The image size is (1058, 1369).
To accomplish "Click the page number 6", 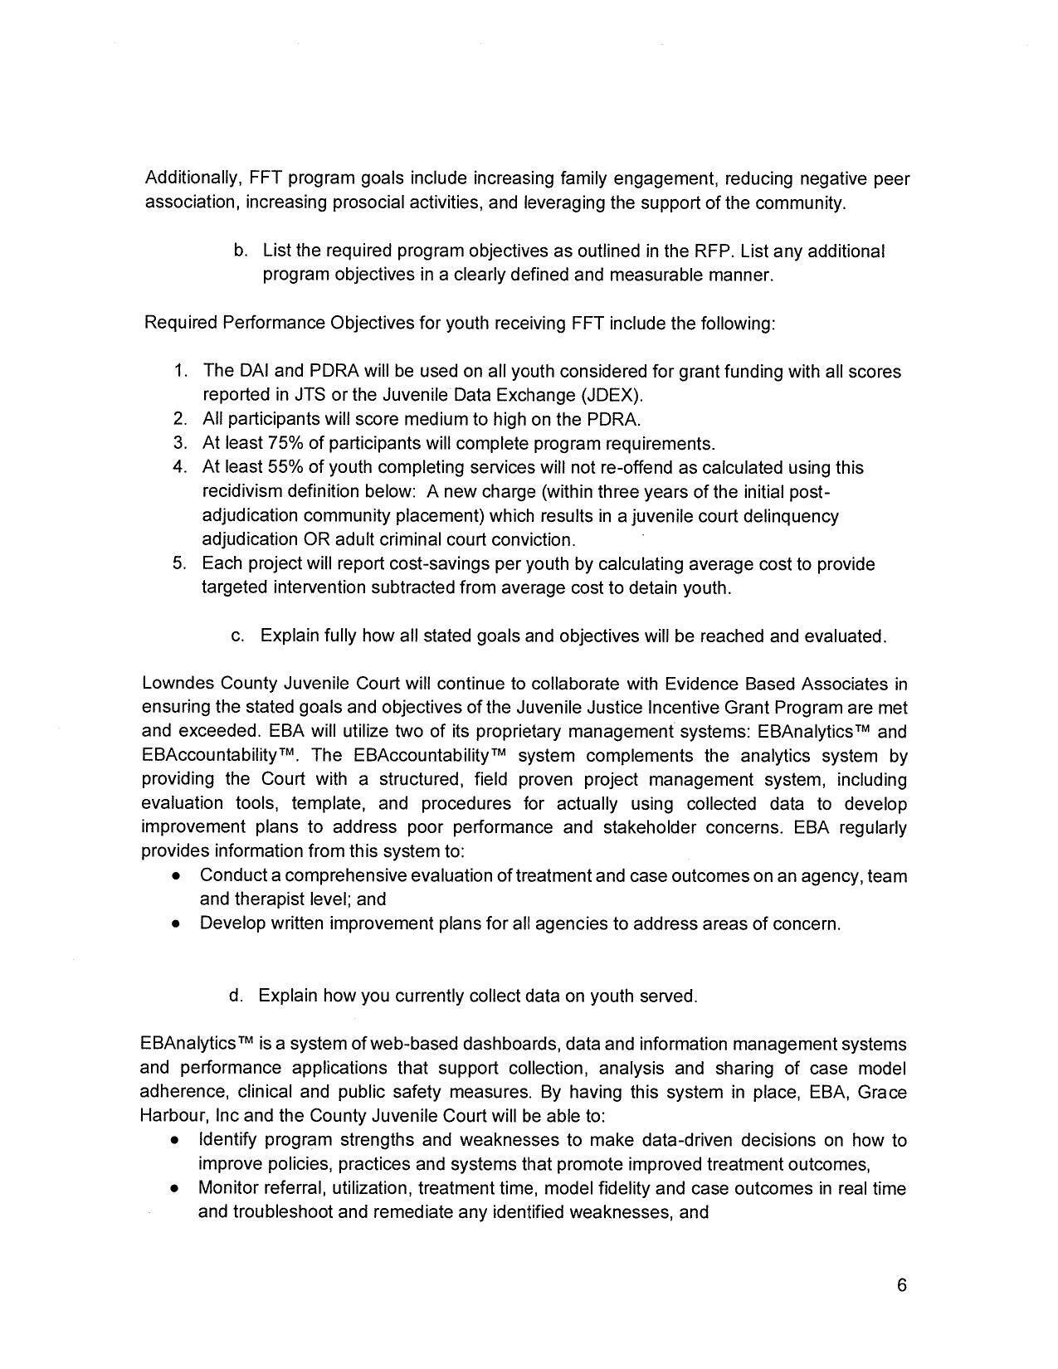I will click(x=901, y=1286).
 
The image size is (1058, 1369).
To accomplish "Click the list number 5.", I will click(x=179, y=563).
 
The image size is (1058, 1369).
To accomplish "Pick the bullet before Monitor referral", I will click(x=175, y=1189).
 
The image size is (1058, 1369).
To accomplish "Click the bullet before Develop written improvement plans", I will click(x=176, y=923).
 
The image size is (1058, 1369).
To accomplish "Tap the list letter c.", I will click(x=237, y=636).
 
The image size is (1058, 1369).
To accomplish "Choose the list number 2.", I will click(x=179, y=419).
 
